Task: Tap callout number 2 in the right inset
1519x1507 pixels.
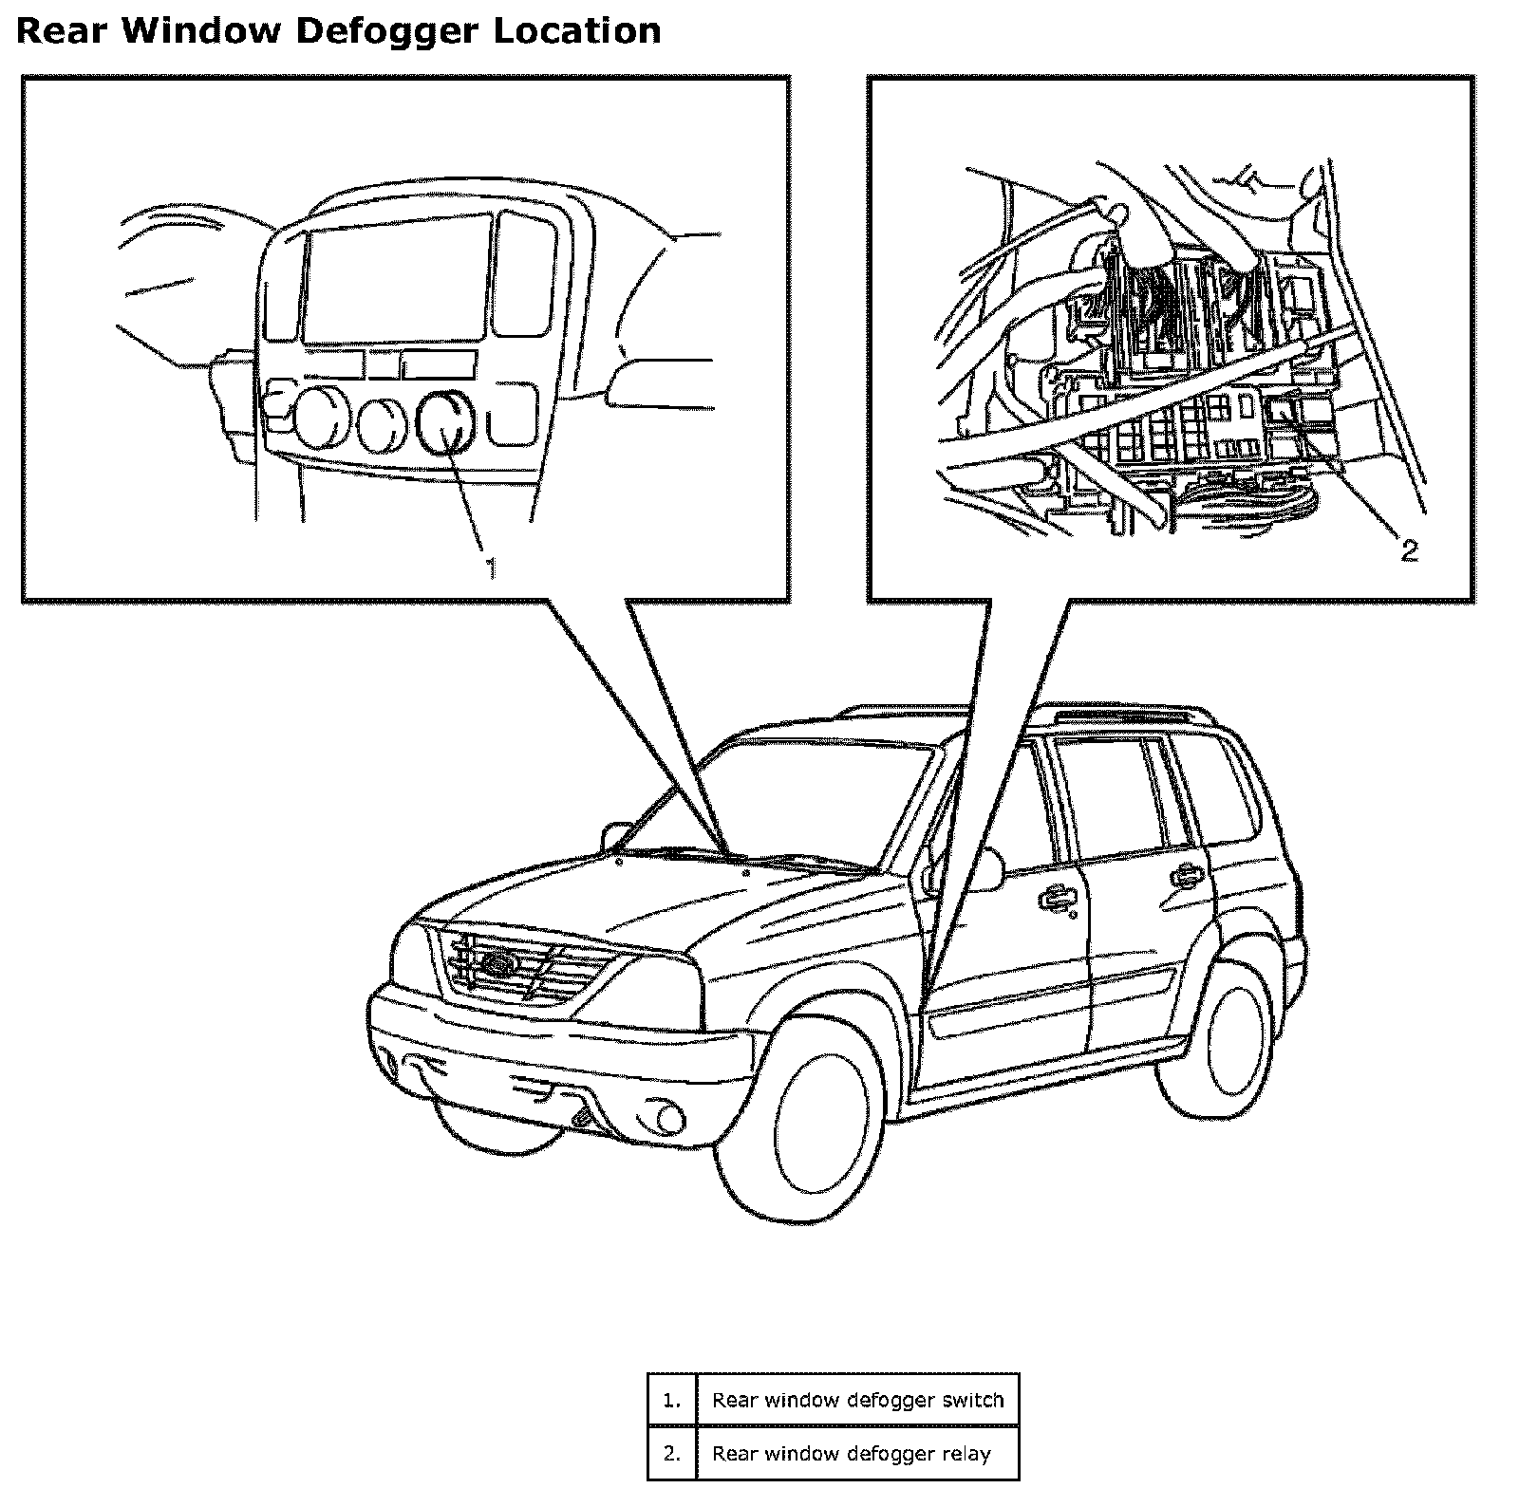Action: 1409,550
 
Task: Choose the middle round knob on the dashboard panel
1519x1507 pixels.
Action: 384,421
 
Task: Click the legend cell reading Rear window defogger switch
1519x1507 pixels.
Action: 857,1400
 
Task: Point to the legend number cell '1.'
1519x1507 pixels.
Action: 672,1400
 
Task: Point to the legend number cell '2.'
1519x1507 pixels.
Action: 672,1453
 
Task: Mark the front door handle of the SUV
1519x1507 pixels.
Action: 1056,898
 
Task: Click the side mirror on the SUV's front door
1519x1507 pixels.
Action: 985,868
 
